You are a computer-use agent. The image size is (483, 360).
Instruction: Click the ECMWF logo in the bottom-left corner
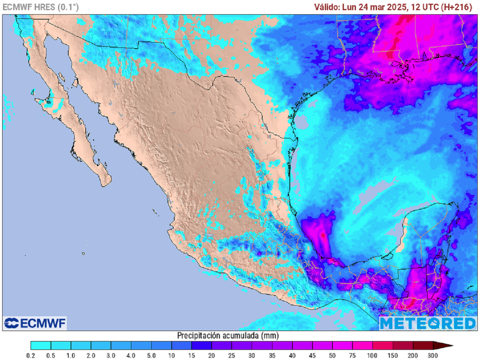pos(35,323)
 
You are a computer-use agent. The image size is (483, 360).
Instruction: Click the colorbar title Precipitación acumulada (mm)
pos(228,335)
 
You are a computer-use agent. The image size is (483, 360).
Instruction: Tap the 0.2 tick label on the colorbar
pos(31,355)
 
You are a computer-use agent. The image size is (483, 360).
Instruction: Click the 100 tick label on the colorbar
pos(373,355)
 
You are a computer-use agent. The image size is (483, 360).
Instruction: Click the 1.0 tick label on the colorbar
pos(71,355)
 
